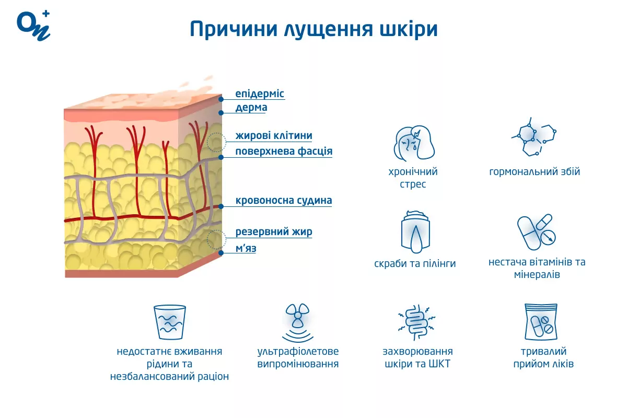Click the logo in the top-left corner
coord(33,26)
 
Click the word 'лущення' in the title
coord(329,29)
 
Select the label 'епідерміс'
coord(260,94)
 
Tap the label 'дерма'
coord(251,107)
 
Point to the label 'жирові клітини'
coord(273,135)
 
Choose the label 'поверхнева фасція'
coord(284,151)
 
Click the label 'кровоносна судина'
coord(284,201)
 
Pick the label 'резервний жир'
coord(273,232)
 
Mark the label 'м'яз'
coord(246,248)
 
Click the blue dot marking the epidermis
coord(221,99)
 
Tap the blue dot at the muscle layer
coord(221,253)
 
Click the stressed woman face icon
coord(414,143)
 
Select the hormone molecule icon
coord(533,137)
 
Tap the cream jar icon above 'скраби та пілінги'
coord(415,232)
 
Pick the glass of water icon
coord(170,322)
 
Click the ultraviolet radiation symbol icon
coord(297,322)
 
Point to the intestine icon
coord(417,322)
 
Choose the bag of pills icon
coord(541,322)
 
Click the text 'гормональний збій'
coord(535,171)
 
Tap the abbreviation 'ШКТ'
coord(439,364)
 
